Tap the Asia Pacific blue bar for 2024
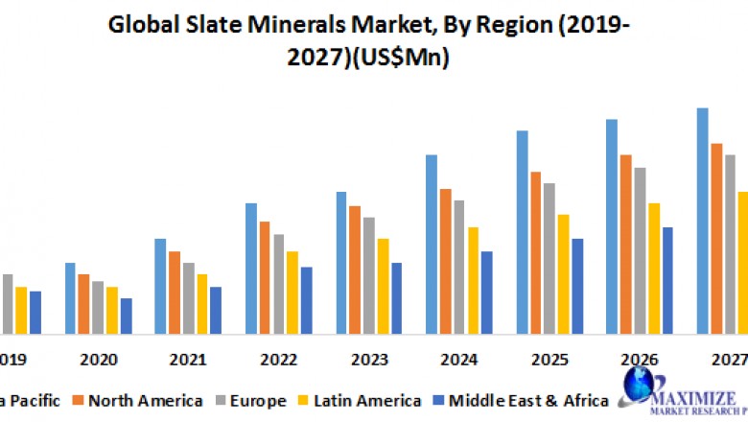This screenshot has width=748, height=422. coord(432,244)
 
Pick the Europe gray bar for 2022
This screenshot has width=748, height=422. coord(278,284)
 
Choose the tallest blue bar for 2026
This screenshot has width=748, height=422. coord(611,226)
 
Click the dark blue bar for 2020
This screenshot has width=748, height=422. coord(126,316)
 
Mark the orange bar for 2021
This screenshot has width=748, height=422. coord(175,293)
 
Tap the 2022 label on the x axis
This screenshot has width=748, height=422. coord(278,360)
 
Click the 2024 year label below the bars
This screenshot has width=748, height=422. coord(458,360)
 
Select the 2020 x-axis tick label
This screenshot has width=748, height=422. coord(99,360)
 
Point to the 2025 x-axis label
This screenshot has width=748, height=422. coord(549,360)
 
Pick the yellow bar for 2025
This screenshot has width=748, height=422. coord(563,273)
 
